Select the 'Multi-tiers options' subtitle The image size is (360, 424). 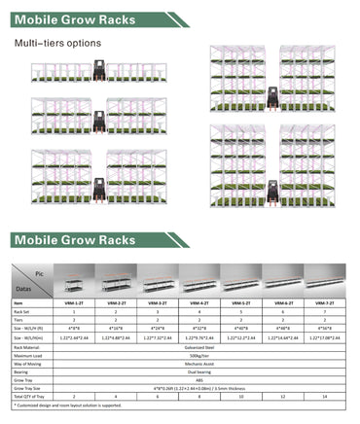tap(56, 44)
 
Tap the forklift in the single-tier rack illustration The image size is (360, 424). tap(96, 70)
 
